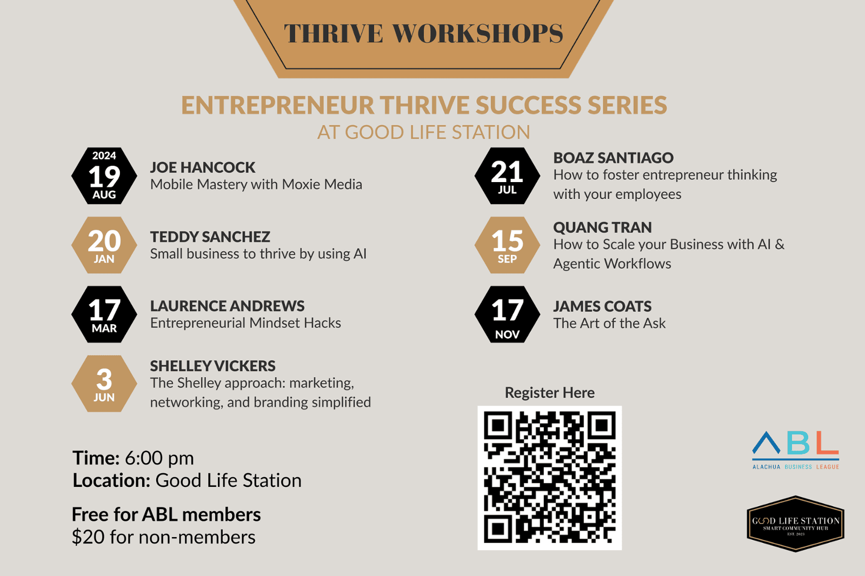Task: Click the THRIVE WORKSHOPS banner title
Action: pyautogui.click(x=424, y=33)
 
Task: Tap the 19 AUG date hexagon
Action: pyautogui.click(x=104, y=176)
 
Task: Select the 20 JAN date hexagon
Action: pyautogui.click(x=104, y=245)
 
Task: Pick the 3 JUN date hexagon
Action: pyautogui.click(x=104, y=384)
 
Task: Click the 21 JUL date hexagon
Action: pyautogui.click(x=508, y=176)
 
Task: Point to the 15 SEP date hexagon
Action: pyautogui.click(x=508, y=245)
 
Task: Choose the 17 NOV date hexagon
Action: pyautogui.click(x=508, y=314)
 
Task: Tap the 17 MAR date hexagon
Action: pyautogui.click(x=104, y=314)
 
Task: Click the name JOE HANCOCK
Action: pyautogui.click(x=203, y=168)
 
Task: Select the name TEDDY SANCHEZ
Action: pyautogui.click(x=210, y=237)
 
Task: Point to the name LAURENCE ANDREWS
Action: pyautogui.click(x=228, y=306)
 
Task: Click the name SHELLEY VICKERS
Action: pyautogui.click(x=213, y=366)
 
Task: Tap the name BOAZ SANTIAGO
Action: pyautogui.click(x=614, y=158)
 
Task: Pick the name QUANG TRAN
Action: pyautogui.click(x=602, y=227)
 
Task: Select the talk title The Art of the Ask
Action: pyautogui.click(x=609, y=323)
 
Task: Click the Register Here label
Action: pyautogui.click(x=550, y=393)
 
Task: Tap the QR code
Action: pyautogui.click(x=550, y=478)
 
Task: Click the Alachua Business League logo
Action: pyautogui.click(x=796, y=450)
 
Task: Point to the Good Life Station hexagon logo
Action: pyautogui.click(x=796, y=524)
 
